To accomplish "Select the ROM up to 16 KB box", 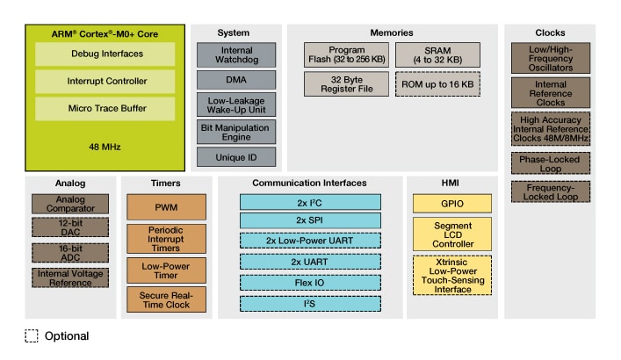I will tap(437, 83).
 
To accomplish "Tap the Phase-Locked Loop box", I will tap(550, 163).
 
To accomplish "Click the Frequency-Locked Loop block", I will tap(550, 191).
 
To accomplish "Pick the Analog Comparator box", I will tap(69, 204).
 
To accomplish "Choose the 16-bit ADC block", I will tap(69, 254).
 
